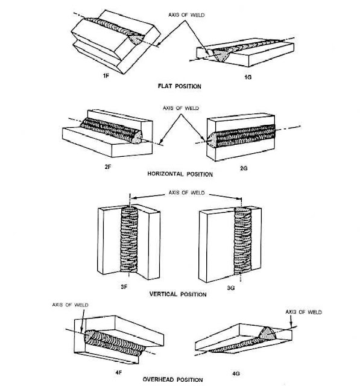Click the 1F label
point(106,76)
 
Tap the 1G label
point(248,77)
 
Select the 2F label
point(108,166)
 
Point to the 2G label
point(244,168)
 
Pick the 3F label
point(124,287)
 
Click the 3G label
point(230,288)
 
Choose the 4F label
point(119,373)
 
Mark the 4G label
point(236,373)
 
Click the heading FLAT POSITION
point(179,86)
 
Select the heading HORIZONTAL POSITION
point(180,174)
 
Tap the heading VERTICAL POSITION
point(178,294)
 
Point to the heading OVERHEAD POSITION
point(172,379)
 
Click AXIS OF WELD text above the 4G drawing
point(303,312)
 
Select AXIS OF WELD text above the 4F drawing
point(70,305)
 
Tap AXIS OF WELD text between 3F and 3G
point(186,192)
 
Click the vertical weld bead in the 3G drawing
point(242,241)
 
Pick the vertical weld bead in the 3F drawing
point(129,239)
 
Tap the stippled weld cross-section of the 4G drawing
point(267,334)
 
